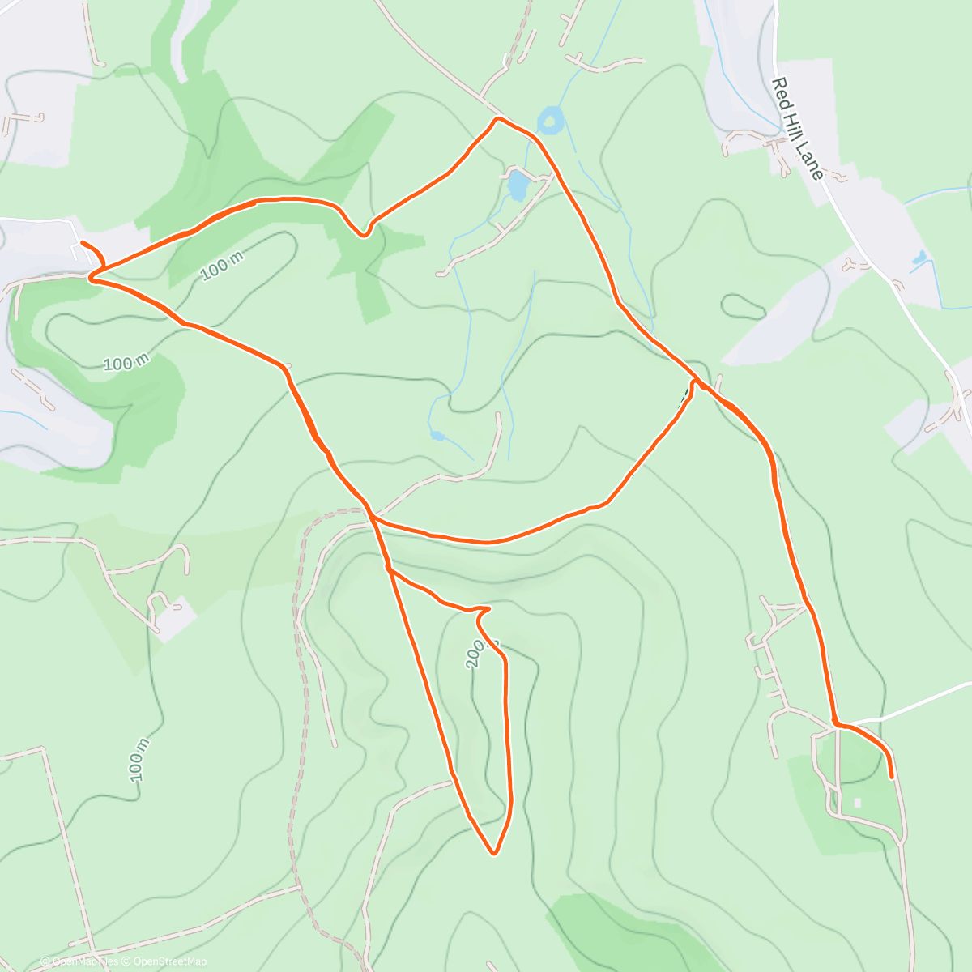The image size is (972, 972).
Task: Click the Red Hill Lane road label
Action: [x=797, y=129]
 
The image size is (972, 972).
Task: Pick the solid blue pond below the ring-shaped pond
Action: [x=517, y=185]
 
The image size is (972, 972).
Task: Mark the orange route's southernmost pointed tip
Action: [x=492, y=852]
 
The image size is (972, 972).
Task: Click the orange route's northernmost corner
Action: [x=497, y=119]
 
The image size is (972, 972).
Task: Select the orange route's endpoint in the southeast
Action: [x=892, y=777]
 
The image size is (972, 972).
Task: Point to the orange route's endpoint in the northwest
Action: [x=82, y=243]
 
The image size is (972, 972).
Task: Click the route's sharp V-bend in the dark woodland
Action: [x=364, y=235]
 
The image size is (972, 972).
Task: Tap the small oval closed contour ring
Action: [x=742, y=307]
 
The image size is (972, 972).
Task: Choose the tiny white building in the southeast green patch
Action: [x=857, y=803]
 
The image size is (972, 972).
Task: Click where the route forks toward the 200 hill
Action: [x=389, y=569]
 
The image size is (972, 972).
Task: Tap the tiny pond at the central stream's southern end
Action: [x=438, y=436]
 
